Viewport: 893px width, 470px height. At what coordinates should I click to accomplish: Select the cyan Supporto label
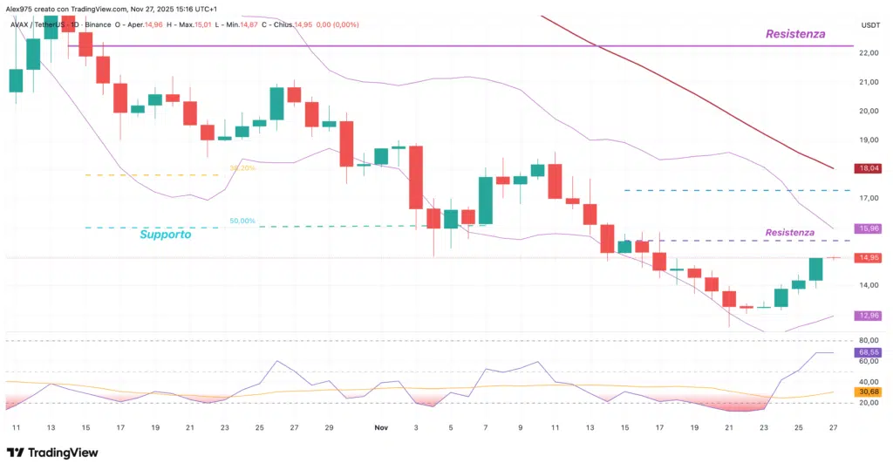166,235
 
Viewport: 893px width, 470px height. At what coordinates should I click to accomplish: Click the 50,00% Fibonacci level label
242,221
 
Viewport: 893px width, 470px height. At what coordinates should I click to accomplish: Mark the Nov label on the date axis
380,428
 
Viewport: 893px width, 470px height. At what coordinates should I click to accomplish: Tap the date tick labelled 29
329,428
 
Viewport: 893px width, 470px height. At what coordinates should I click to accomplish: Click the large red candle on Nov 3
416,177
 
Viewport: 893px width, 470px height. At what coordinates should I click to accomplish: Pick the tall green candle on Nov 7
486,201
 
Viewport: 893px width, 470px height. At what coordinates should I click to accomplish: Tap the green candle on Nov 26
816,269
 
